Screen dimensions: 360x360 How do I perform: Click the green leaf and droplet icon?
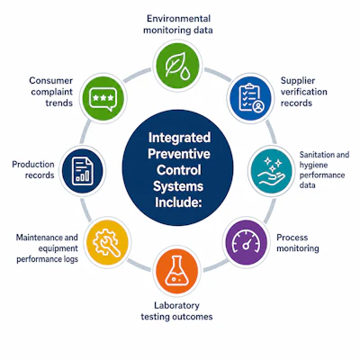tap(177, 66)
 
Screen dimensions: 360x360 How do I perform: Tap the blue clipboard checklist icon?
tap(251, 98)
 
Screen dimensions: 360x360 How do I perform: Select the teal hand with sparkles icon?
tap(271, 172)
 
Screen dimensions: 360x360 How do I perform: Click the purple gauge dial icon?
tap(246, 242)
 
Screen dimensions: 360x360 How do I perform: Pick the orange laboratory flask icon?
tap(177, 271)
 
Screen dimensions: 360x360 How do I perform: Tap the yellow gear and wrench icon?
tap(107, 243)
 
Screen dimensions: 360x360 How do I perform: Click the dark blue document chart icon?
tap(83, 171)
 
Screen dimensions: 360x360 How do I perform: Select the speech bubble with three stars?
tap(103, 99)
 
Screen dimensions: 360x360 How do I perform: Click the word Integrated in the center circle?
tap(179, 138)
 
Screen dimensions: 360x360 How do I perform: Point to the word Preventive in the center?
tap(179, 154)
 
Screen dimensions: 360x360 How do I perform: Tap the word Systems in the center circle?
tap(178, 186)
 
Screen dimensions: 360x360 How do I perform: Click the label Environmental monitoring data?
tap(178, 24)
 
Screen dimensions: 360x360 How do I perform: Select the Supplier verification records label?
tap(303, 92)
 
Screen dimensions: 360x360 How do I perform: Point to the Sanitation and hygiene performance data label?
tap(324, 169)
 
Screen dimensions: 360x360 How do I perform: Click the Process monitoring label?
tap(298, 243)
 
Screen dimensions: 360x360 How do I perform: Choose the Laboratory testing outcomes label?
tap(176, 311)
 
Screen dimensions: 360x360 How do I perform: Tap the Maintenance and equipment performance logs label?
tap(47, 248)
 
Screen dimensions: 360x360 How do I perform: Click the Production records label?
tap(33, 169)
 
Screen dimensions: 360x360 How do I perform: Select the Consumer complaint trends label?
tap(51, 92)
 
